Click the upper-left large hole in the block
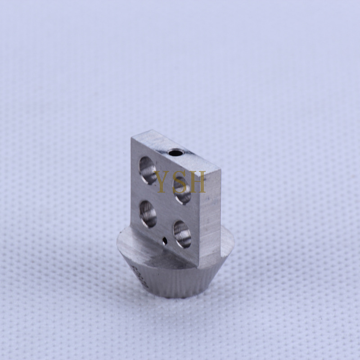pyautogui.click(x=148, y=169)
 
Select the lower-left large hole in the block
pyautogui.click(x=148, y=213)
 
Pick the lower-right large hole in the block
pyautogui.click(x=182, y=234)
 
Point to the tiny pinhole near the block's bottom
pyautogui.click(x=165, y=241)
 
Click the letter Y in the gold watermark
pyautogui.click(x=161, y=181)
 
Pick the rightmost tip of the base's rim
pyautogui.click(x=235, y=246)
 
